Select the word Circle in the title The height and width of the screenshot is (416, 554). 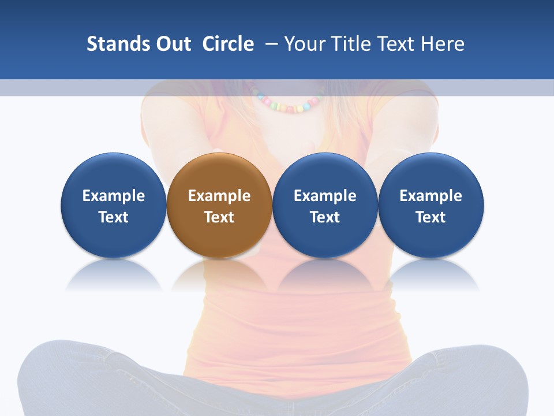228,44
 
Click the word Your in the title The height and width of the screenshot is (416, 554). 304,44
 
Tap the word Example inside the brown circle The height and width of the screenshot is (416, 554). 219,196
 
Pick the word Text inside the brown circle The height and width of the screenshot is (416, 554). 219,217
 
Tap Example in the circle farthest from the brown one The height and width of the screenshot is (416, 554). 431,196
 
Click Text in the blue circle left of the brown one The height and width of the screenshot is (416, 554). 113,217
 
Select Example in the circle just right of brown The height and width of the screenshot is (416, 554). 325,196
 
